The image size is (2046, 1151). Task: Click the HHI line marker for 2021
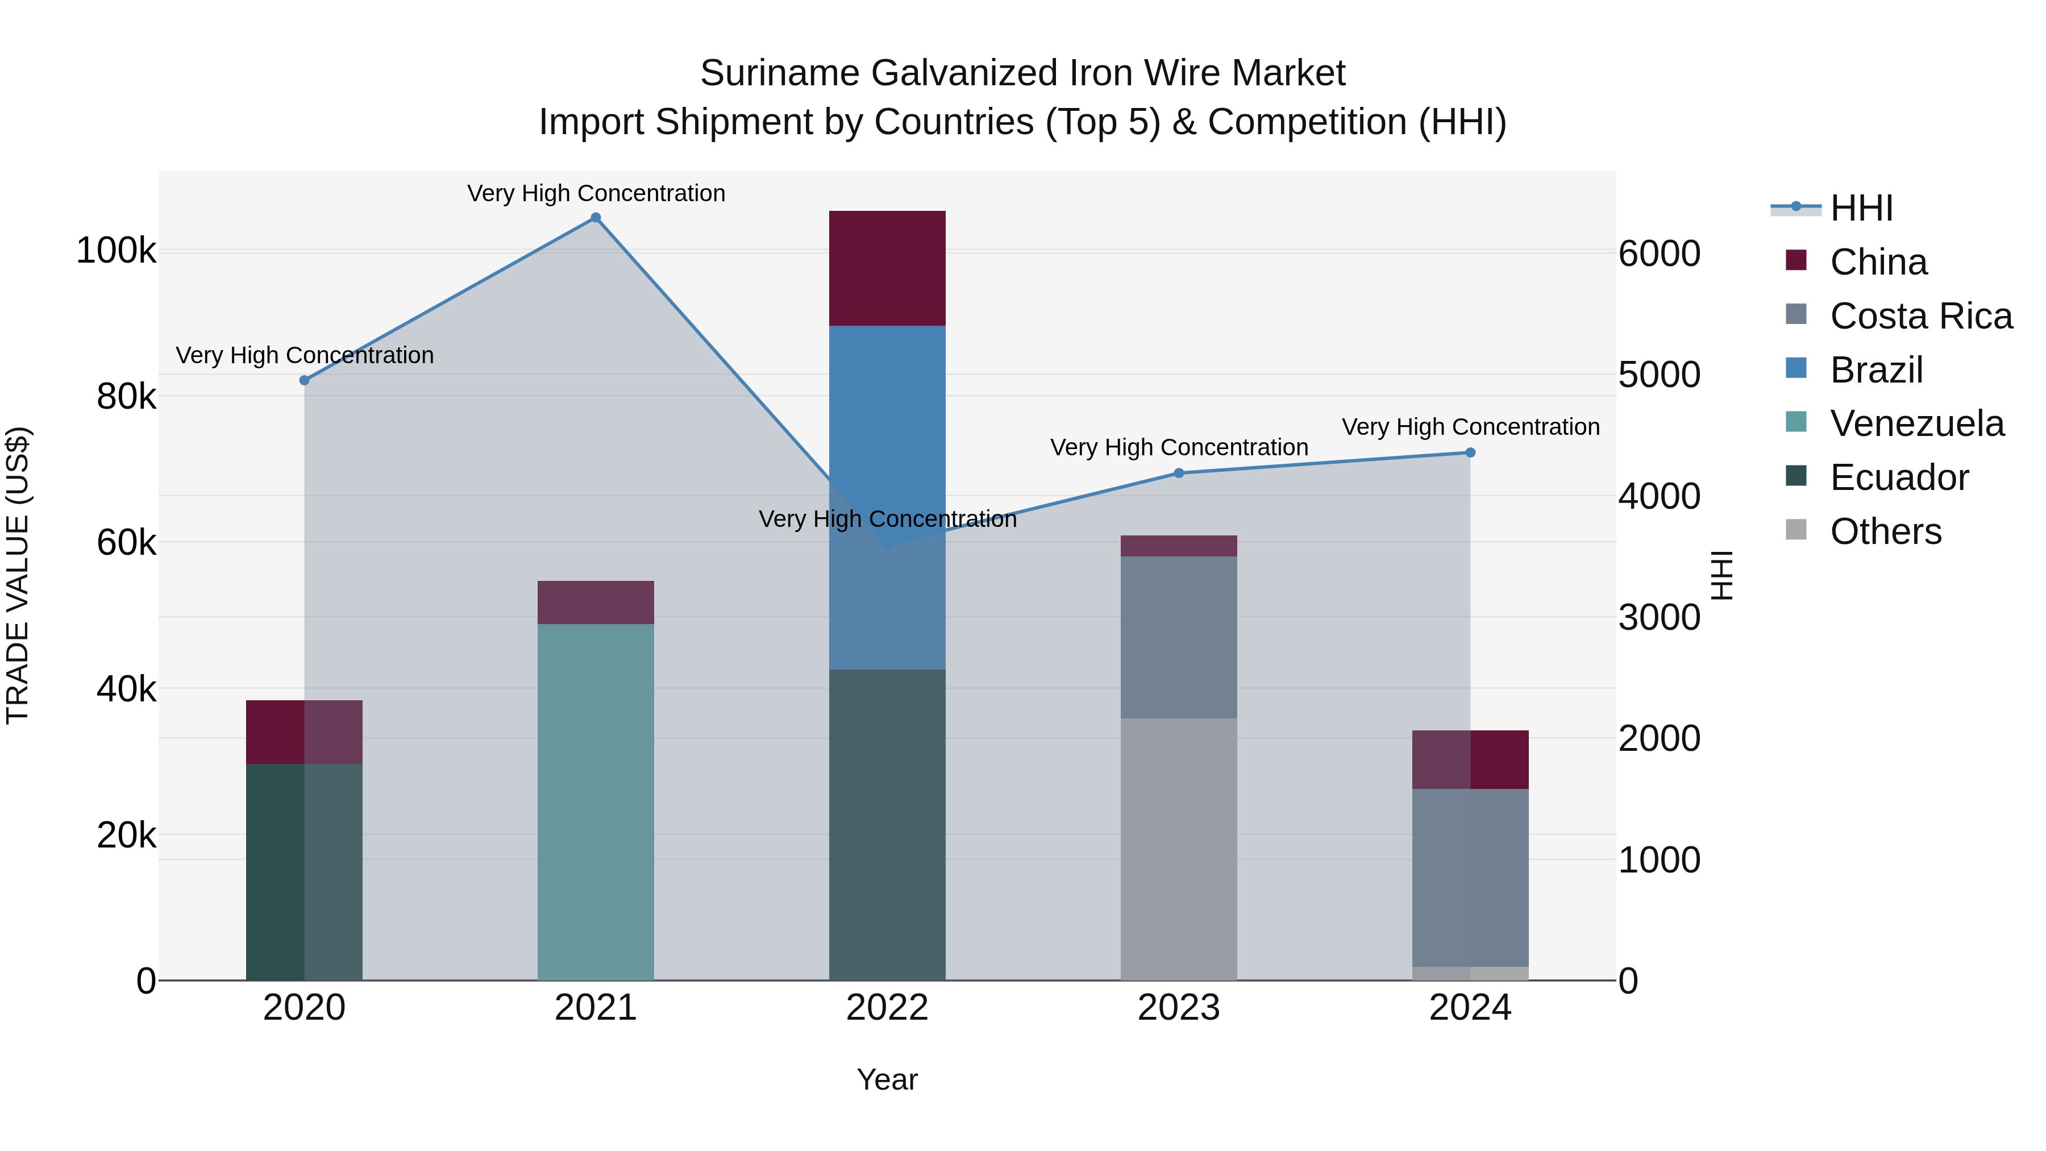click(596, 218)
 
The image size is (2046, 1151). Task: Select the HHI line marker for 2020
click(304, 380)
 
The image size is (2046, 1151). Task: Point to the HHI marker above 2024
click(1470, 453)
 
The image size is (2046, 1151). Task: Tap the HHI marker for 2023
click(1179, 473)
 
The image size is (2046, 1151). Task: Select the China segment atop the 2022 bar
click(887, 268)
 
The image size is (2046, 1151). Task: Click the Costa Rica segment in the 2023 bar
click(1179, 637)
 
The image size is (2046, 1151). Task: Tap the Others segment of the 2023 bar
click(1179, 849)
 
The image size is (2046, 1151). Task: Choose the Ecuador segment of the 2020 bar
click(304, 871)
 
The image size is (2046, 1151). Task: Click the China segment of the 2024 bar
click(1470, 759)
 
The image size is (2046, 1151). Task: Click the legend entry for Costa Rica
click(1920, 316)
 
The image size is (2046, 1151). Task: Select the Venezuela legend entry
click(1916, 423)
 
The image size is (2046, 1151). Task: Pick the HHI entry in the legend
click(1861, 208)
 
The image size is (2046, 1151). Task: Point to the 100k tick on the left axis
click(116, 251)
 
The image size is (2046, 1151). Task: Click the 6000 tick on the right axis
click(1659, 254)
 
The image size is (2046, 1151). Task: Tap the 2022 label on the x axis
click(887, 1008)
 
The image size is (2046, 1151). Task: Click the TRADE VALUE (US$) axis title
click(18, 575)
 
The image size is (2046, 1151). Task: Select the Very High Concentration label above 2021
click(596, 193)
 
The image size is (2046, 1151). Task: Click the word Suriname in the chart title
click(779, 73)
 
